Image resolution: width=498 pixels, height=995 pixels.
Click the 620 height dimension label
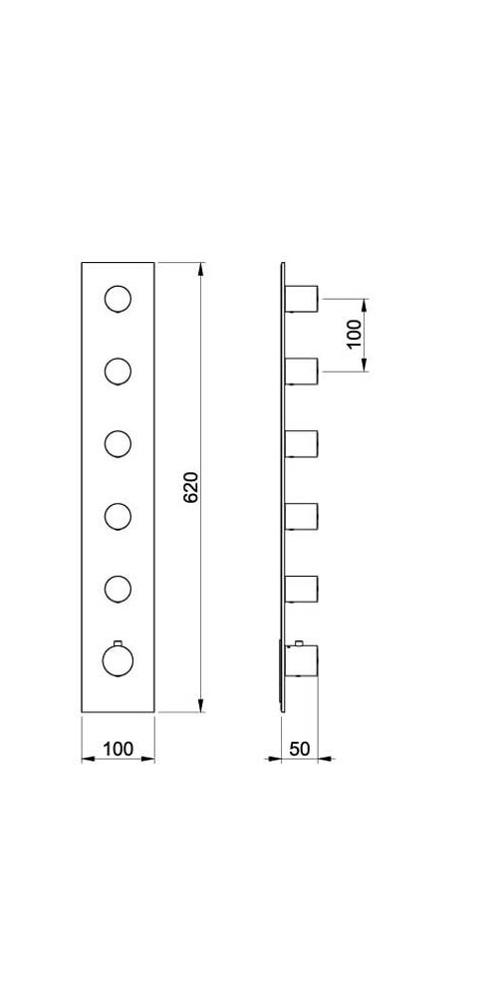pos(191,487)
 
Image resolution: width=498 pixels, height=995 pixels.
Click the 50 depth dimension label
pos(300,749)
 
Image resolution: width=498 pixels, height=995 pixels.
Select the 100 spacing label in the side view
pos(354,333)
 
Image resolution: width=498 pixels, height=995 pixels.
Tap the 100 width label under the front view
pos(118,749)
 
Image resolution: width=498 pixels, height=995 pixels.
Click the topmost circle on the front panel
pos(118,299)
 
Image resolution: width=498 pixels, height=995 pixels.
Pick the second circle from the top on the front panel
pos(118,372)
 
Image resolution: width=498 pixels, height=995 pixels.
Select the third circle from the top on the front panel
pos(118,443)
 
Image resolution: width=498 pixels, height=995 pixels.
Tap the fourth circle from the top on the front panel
pos(118,516)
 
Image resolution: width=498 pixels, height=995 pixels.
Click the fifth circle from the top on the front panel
pos(118,589)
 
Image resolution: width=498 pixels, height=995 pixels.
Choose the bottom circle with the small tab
pos(118,660)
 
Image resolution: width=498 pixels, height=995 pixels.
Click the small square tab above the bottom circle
pos(118,642)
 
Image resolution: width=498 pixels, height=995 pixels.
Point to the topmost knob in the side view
pos(301,299)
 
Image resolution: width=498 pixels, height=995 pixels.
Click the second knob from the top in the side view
pos(301,372)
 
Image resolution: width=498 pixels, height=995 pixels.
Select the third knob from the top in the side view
pos(301,443)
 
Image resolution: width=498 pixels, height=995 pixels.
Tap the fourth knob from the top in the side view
pos(301,516)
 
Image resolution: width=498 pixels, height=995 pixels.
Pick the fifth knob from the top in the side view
pos(301,589)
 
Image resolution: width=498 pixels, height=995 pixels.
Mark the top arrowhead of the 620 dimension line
pos(201,269)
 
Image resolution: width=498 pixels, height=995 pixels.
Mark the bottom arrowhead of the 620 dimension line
pos(201,705)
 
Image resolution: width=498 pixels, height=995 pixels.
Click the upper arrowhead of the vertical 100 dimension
pos(364,305)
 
